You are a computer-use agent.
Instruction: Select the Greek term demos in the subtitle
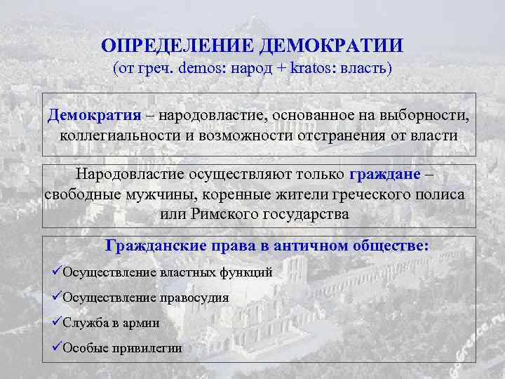(201, 69)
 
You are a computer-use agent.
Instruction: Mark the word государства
(306, 213)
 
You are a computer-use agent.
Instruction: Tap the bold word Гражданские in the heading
(155, 246)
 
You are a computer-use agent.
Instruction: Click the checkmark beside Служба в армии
(58, 322)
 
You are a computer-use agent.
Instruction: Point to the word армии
(142, 322)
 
